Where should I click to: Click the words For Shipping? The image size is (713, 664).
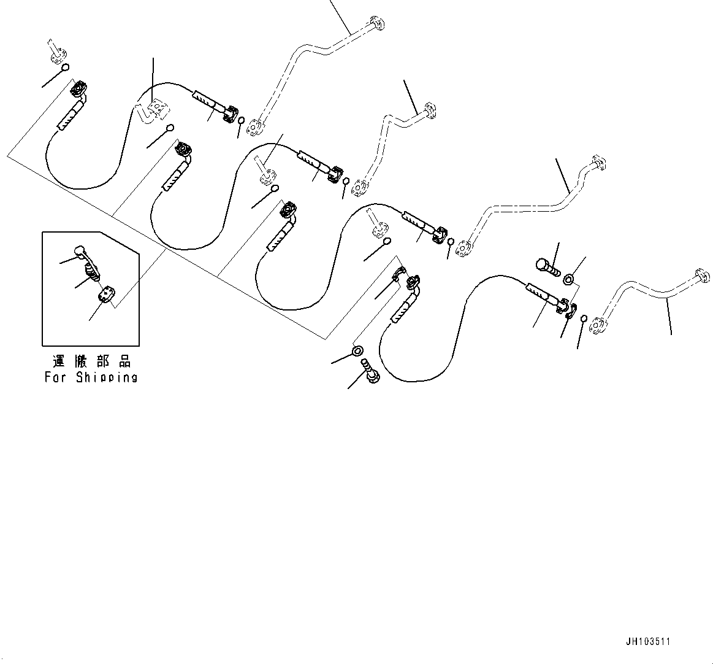tap(90, 377)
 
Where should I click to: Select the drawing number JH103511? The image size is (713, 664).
tap(648, 641)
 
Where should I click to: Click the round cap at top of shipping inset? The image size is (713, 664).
tap(80, 250)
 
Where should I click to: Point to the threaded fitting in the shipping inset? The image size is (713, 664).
tap(93, 271)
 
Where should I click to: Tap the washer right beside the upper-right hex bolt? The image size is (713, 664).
tap(569, 280)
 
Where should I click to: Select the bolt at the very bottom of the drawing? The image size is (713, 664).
tap(372, 371)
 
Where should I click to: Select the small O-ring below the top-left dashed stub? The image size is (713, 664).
tap(65, 68)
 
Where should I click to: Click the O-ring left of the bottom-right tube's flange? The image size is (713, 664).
tap(583, 318)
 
